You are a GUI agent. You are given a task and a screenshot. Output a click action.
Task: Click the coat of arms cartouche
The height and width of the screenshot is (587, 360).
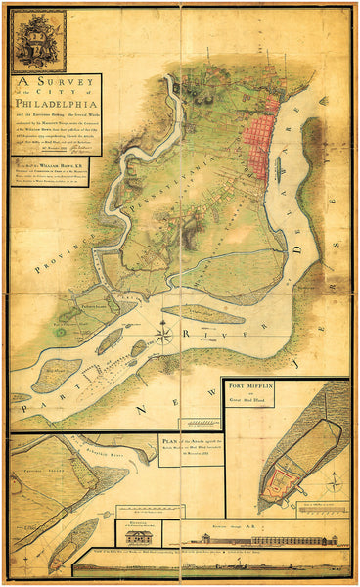[38, 41]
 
